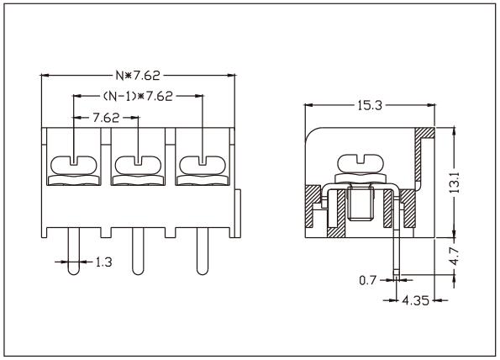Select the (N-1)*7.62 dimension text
(x=139, y=96)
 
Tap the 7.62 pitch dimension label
(x=104, y=117)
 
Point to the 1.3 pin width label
(x=101, y=262)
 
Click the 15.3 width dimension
(x=367, y=105)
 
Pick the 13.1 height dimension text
(x=454, y=181)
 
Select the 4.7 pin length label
(x=454, y=256)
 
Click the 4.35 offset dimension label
(x=416, y=299)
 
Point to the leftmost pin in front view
(x=74, y=252)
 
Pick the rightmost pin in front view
(x=201, y=252)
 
